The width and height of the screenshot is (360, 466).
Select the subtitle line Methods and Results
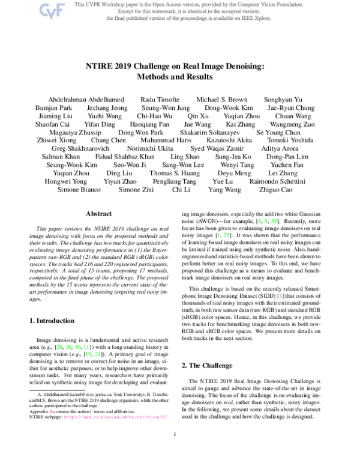(180, 77)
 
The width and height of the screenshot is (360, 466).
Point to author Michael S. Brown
(221, 98)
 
